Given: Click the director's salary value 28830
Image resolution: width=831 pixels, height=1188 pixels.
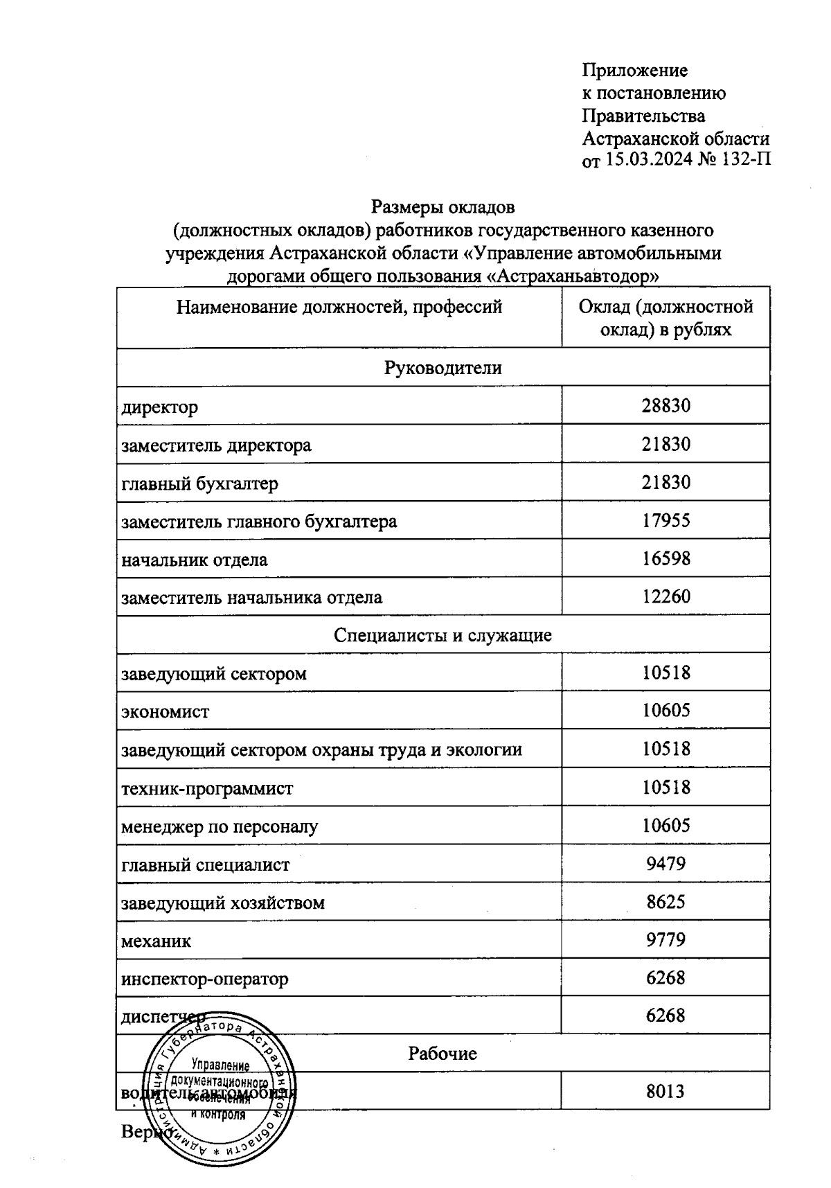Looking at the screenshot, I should coord(665,406).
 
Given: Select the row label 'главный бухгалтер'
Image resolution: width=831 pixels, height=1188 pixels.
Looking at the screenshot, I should coord(199,483).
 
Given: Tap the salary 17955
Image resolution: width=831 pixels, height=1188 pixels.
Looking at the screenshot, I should coord(665,520).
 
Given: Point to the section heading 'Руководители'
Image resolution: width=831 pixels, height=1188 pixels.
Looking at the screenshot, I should coord(443,368).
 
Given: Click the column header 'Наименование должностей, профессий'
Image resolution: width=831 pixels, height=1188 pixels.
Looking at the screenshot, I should coord(339,307).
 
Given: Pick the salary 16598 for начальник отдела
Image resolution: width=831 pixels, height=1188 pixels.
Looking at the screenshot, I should coord(665,558).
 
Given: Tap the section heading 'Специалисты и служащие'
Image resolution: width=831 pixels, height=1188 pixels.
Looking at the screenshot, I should coord(443,635).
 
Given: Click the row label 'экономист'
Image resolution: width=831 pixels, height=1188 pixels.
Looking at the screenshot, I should coord(165,711).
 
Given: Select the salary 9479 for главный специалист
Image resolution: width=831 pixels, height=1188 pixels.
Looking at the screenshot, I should coord(665,864).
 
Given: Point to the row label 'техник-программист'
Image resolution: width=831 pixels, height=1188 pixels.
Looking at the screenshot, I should coord(207,788).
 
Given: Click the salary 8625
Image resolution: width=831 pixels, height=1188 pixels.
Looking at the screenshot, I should coord(665,902).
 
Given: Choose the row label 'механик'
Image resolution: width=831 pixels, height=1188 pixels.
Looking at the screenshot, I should coord(156,941).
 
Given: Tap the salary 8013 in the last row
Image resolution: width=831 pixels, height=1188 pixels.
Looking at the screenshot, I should coord(665,1092).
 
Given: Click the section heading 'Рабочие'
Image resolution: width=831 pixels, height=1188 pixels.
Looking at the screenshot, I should coord(443,1054).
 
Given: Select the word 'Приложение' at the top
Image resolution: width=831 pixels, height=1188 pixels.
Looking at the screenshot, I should coord(634,71).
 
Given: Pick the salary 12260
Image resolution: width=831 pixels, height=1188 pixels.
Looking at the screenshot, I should coord(665,596).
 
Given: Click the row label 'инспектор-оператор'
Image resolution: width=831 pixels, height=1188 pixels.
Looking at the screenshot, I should coord(204,979).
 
